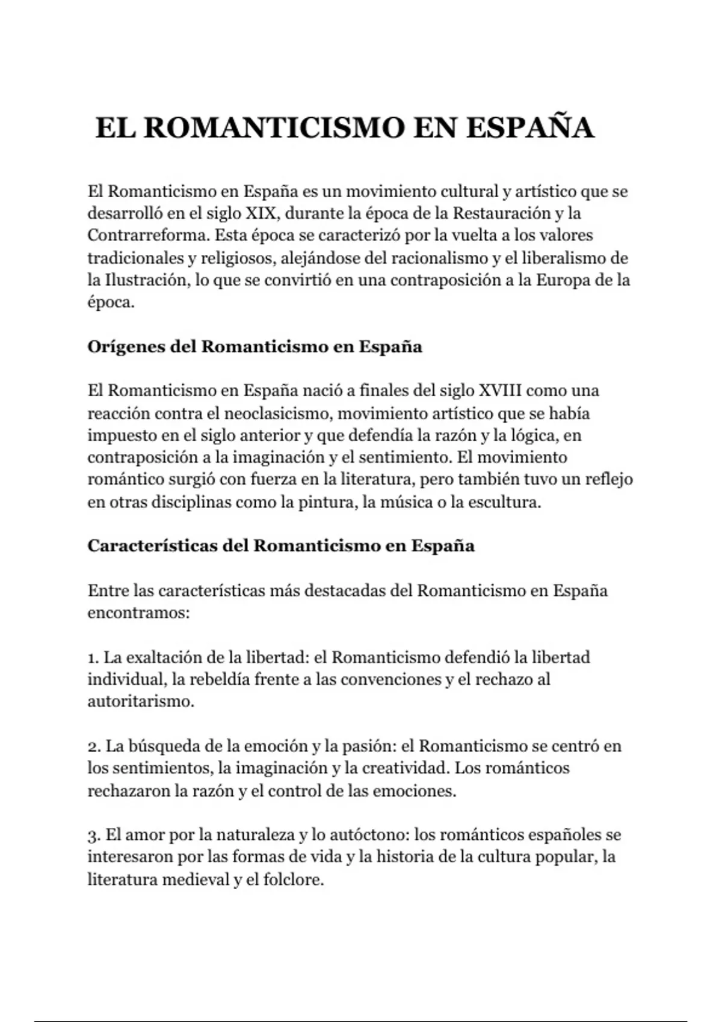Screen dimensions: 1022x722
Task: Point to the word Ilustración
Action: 143,280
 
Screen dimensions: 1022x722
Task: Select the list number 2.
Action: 93,747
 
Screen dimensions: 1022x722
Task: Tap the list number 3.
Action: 93,836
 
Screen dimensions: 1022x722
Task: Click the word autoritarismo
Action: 140,702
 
